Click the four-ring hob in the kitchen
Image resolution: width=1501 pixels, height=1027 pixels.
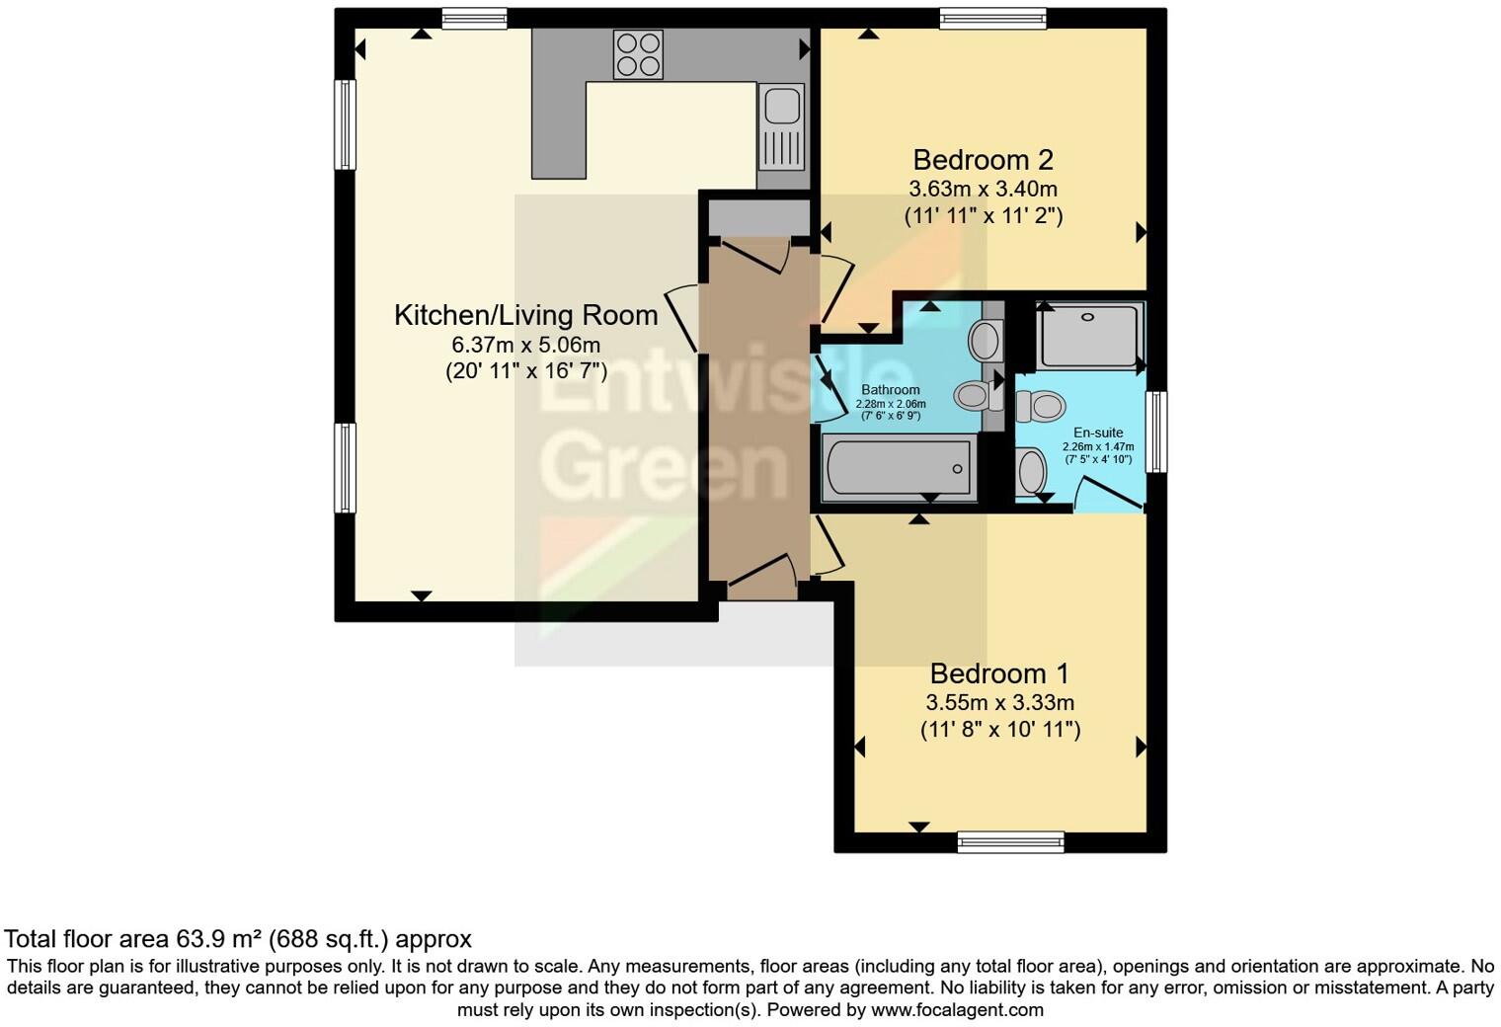(638, 53)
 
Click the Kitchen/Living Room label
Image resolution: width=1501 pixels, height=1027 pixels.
(525, 315)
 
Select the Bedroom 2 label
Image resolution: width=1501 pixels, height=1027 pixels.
(983, 160)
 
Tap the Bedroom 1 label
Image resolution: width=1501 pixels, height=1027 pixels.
(999, 673)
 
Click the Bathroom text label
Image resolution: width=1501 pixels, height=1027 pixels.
(890, 390)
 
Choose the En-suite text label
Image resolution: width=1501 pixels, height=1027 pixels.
(1098, 433)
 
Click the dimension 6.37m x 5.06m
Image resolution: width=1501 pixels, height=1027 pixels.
(525, 345)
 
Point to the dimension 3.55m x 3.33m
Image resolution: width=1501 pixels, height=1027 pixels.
(999, 703)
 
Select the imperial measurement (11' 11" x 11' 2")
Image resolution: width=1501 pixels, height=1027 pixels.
(983, 215)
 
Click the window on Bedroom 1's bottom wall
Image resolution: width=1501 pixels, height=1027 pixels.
(1010, 842)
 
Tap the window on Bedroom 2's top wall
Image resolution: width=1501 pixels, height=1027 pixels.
(992, 18)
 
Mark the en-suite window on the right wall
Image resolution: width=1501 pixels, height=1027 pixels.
(1156, 432)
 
